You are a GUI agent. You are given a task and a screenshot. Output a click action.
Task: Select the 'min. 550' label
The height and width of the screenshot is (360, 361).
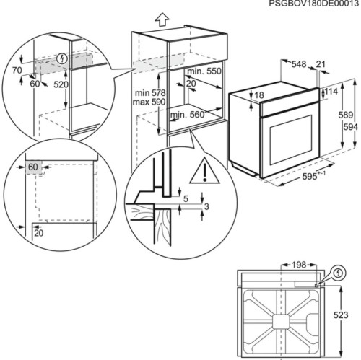204,73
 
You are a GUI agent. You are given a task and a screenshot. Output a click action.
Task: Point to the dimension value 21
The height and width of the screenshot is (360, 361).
320,63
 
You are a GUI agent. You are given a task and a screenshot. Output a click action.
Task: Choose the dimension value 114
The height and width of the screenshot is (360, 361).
331,92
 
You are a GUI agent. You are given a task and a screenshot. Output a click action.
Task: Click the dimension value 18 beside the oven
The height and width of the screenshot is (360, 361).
258,95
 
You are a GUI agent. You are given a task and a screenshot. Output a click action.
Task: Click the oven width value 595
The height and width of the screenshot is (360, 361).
290,176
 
